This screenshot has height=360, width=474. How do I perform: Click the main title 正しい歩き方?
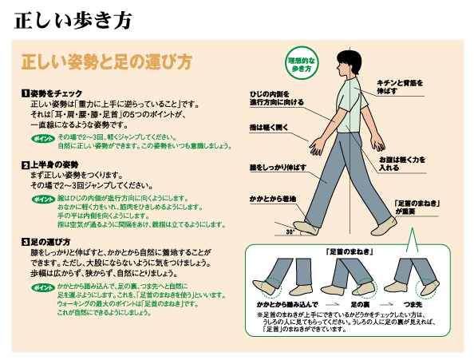[x=73, y=21]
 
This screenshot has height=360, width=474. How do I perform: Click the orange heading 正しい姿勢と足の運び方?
[x=107, y=62]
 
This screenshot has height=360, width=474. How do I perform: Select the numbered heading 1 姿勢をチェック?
[x=52, y=93]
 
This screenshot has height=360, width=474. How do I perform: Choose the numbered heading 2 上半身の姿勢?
[x=50, y=164]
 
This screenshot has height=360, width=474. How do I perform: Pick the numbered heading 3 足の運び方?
[x=46, y=242]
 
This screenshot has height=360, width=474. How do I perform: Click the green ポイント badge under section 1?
[x=43, y=139]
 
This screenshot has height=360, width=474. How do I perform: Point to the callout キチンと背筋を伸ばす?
[x=399, y=87]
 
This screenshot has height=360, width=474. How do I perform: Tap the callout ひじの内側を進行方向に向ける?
[x=277, y=98]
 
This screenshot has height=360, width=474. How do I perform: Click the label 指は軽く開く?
[x=269, y=128]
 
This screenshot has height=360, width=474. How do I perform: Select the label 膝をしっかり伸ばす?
[x=278, y=168]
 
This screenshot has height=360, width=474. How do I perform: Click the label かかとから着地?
[x=273, y=199]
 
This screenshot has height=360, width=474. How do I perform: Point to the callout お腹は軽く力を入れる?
[x=401, y=164]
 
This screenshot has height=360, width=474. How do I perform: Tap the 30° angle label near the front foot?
[x=290, y=232]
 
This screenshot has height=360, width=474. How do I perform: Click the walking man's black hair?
[x=350, y=61]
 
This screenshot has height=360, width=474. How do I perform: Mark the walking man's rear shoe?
[x=384, y=227]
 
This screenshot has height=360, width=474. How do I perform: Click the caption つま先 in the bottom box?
[x=413, y=304]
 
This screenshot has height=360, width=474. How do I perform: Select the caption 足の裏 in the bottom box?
[x=361, y=304]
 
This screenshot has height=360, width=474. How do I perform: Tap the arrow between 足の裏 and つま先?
[x=387, y=304]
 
